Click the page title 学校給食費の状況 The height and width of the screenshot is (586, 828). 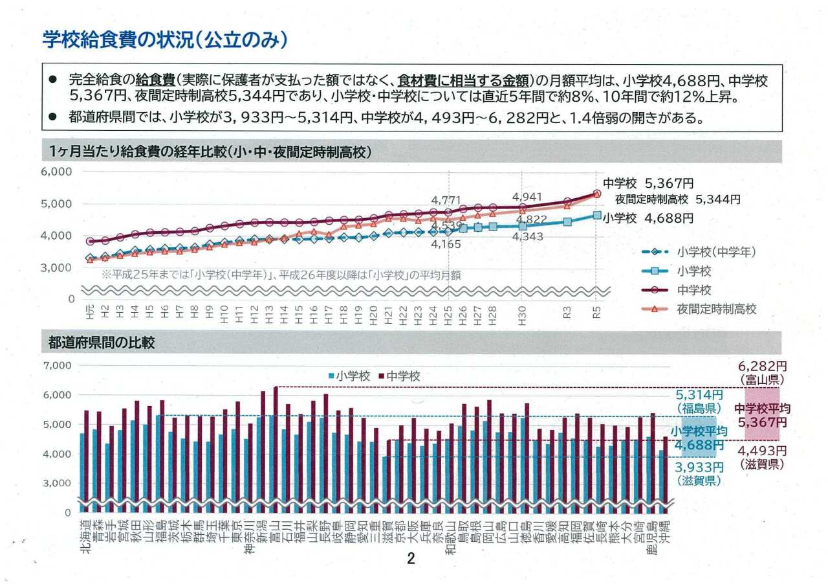[x=164, y=40]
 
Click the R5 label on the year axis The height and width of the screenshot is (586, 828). [x=597, y=313]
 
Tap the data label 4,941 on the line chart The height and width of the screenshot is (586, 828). [x=527, y=196]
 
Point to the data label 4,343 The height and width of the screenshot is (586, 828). [x=527, y=237]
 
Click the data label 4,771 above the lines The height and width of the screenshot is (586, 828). [x=448, y=200]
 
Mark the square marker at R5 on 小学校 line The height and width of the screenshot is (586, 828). [x=597, y=215]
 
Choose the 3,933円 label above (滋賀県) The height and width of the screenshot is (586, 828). [x=699, y=468]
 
